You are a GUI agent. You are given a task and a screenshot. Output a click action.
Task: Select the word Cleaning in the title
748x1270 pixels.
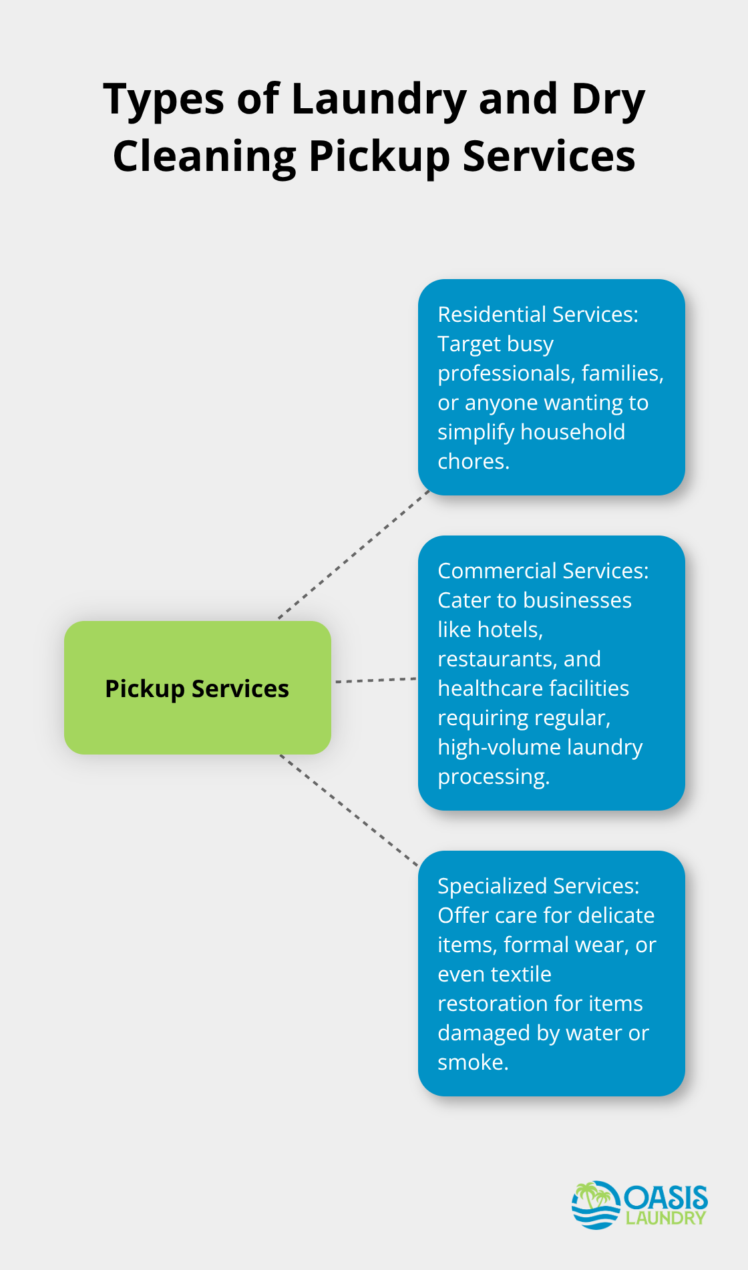(x=204, y=157)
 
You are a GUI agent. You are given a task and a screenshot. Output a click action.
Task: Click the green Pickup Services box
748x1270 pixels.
(x=197, y=688)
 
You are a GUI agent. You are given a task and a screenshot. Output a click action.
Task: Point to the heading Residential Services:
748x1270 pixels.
(x=538, y=314)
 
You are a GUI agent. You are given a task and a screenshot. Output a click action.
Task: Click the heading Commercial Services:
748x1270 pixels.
(x=543, y=571)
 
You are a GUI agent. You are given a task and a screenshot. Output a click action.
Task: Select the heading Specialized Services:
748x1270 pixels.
(x=538, y=886)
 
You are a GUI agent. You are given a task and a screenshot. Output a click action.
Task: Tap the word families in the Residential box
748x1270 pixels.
(x=622, y=373)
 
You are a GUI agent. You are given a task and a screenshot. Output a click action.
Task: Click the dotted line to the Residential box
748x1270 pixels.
(x=354, y=554)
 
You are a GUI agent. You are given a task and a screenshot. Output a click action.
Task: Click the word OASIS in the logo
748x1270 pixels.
(x=666, y=1197)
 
